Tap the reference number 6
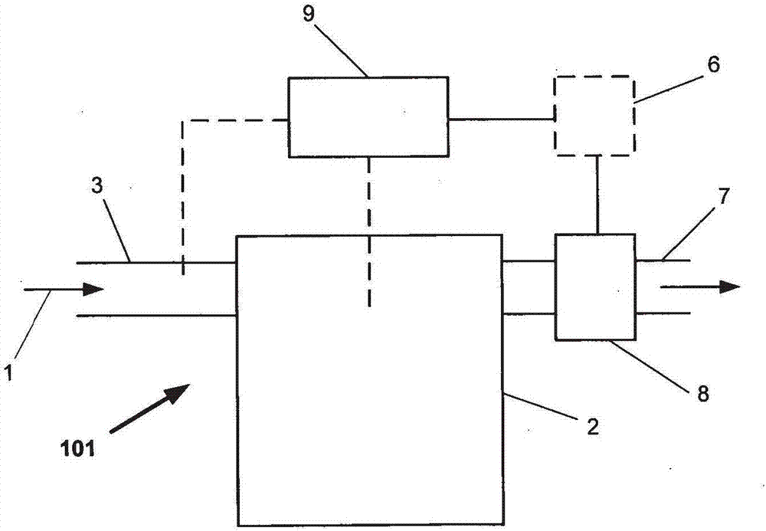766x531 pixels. click(x=712, y=65)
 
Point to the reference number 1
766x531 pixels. click(x=8, y=375)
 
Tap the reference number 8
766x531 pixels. click(x=702, y=395)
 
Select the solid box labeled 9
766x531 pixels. click(x=368, y=116)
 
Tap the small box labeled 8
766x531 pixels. click(x=595, y=287)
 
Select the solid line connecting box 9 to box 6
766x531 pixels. click(x=501, y=119)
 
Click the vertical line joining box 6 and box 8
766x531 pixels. click(x=596, y=194)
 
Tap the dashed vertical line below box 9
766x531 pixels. click(x=369, y=230)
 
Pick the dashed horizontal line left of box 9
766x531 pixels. click(x=234, y=120)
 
